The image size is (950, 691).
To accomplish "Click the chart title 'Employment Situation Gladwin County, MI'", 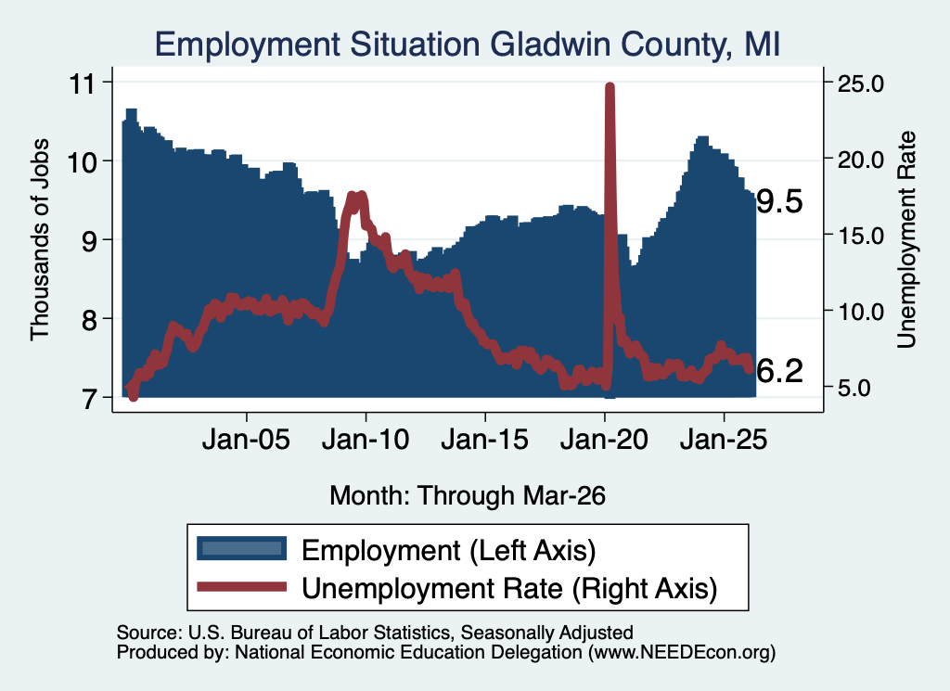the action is tap(468, 45).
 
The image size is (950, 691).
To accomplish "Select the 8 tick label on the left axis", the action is tap(89, 319).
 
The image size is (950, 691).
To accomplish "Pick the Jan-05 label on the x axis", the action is tap(246, 439).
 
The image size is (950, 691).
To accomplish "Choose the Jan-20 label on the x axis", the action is tap(604, 439).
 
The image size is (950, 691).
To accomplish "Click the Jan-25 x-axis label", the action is tap(724, 439).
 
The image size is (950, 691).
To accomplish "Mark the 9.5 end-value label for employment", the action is tap(779, 201).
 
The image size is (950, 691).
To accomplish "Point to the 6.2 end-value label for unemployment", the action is tap(779, 371).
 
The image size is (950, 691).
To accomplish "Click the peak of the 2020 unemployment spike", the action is tap(610, 86).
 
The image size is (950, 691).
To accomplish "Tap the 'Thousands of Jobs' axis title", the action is tap(39, 239).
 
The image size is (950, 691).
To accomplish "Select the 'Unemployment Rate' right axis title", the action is tap(906, 239).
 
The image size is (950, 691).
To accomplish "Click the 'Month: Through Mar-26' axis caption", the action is tap(468, 495).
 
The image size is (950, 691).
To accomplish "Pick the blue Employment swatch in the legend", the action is tap(241, 549).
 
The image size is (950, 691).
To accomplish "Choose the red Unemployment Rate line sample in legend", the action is tap(241, 586).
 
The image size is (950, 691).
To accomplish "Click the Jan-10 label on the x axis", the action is tap(366, 439).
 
